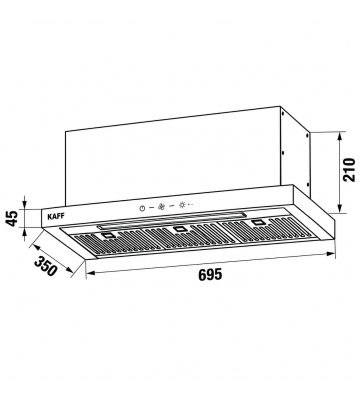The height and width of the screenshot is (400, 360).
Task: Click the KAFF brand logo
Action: (x=56, y=216)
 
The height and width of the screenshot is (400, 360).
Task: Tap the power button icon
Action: (x=142, y=208)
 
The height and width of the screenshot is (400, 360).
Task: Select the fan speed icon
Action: (x=161, y=206)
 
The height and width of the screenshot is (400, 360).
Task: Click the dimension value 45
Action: (x=12, y=218)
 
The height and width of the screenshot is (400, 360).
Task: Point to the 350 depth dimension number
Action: (x=45, y=266)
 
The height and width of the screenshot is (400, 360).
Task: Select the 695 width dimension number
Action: (x=210, y=274)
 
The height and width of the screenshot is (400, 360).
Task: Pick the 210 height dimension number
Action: (x=349, y=169)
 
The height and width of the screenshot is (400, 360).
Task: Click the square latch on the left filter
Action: (x=107, y=235)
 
